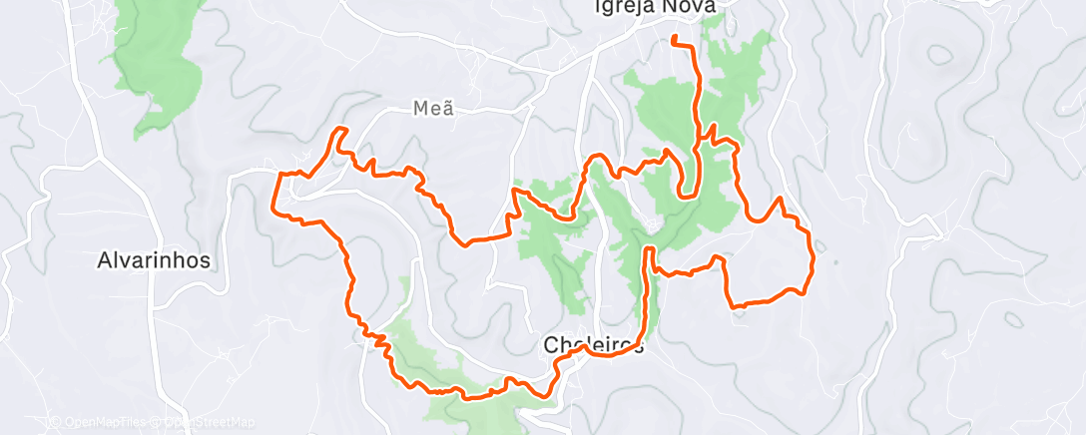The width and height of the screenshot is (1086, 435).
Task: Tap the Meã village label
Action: [x=434, y=109]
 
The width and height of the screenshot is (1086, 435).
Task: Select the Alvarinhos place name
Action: [x=154, y=261]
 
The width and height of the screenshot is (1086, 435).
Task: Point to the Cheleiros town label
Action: [x=593, y=345]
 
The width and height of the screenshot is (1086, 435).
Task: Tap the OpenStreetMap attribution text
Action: [x=201, y=423]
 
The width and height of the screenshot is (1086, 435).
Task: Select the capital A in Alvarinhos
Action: [x=105, y=261]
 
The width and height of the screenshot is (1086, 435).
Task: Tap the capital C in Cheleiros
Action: [x=551, y=345]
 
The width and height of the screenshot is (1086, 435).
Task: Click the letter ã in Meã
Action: [x=447, y=109]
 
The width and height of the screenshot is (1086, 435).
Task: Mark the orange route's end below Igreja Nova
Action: [x=674, y=38]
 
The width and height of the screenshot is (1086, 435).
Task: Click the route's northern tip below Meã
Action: [x=340, y=129]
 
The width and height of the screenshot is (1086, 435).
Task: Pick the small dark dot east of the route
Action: [x=834, y=263]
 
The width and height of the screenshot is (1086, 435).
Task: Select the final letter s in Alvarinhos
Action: [x=205, y=261]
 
